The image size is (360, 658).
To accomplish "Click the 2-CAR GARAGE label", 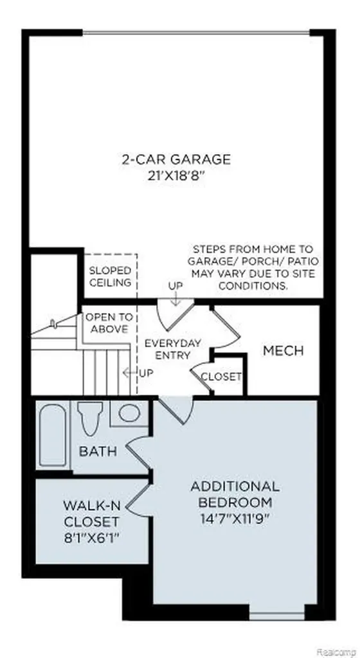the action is pyautogui.click(x=176, y=159).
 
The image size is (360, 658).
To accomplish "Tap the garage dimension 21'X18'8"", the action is pyautogui.click(x=176, y=176).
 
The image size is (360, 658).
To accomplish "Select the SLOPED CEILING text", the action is pyautogui.click(x=110, y=276).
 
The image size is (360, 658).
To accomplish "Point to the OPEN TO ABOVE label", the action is pyautogui.click(x=109, y=323).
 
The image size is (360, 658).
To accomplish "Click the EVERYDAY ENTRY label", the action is pyautogui.click(x=172, y=349).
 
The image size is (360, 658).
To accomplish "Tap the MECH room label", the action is pyautogui.click(x=283, y=351).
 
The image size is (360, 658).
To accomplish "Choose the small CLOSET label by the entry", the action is pyautogui.click(x=221, y=377).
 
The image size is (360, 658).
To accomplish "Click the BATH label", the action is pyautogui.click(x=98, y=452).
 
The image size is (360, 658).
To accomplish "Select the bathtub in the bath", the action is pyautogui.click(x=53, y=435).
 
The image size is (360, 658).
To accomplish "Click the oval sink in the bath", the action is pyautogui.click(x=129, y=413).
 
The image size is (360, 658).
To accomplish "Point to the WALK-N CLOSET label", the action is pyautogui.click(x=91, y=513).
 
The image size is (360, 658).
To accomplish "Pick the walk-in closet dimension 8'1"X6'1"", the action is pyautogui.click(x=91, y=538).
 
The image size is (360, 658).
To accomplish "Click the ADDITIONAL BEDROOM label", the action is pyautogui.click(x=235, y=494).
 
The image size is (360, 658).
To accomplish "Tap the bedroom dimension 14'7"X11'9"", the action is pyautogui.click(x=235, y=519).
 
